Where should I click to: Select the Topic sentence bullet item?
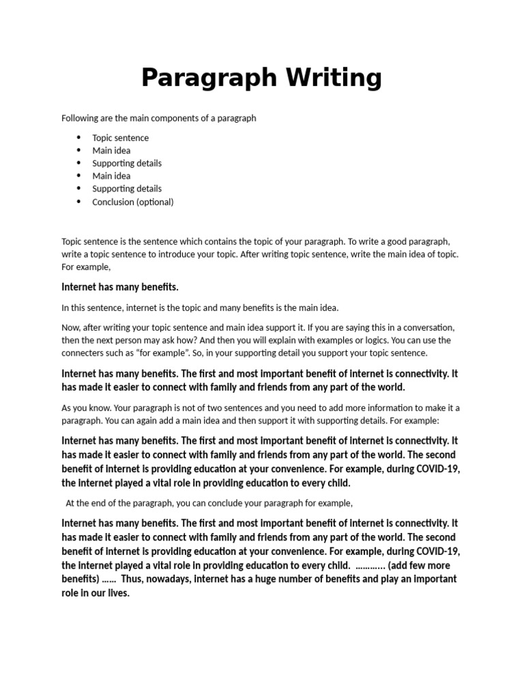(x=120, y=138)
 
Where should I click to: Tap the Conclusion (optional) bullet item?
(x=133, y=202)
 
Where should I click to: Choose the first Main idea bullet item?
(x=111, y=151)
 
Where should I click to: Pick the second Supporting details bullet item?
(x=127, y=189)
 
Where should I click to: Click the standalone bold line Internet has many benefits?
(x=120, y=287)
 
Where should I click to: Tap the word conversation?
(x=423, y=327)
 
